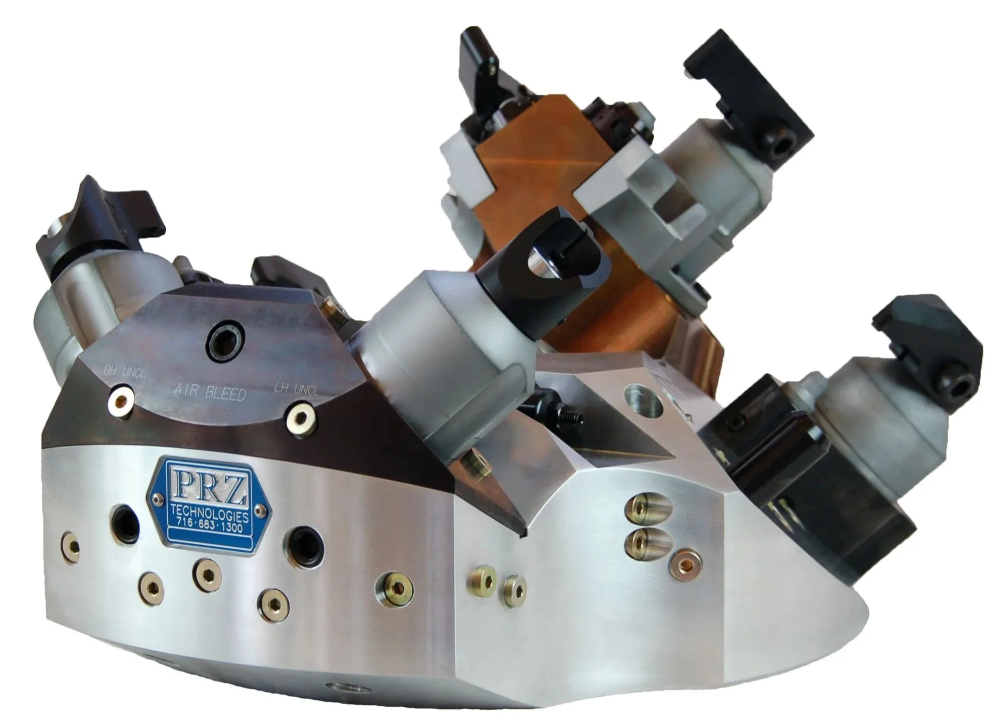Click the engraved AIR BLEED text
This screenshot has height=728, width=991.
pos(210,391)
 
